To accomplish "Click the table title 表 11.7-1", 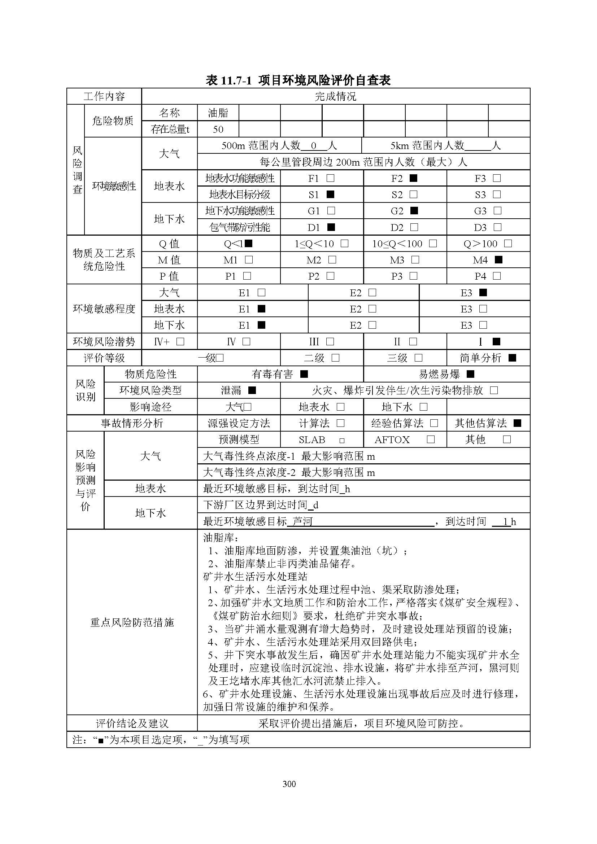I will click(x=298, y=80).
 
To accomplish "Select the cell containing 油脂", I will click(x=218, y=113).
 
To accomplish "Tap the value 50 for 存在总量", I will click(x=218, y=129).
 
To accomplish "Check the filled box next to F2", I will click(x=414, y=178).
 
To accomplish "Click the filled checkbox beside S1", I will click(x=331, y=194).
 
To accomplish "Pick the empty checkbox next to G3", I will click(x=497, y=211).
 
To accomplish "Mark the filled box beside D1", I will click(x=331, y=227).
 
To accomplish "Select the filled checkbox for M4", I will click(x=498, y=260).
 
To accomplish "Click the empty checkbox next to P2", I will click(x=331, y=276).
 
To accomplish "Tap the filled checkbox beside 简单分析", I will click(x=512, y=358).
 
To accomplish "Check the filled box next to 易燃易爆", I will click(x=470, y=374).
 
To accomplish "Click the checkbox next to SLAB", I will click(x=342, y=440).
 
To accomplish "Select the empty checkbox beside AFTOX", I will click(x=431, y=440).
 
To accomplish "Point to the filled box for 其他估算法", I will click(x=517, y=423).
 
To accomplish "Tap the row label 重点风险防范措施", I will click(x=132, y=622).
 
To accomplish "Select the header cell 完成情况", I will click(x=335, y=97).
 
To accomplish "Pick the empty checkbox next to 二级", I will click(x=335, y=358).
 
